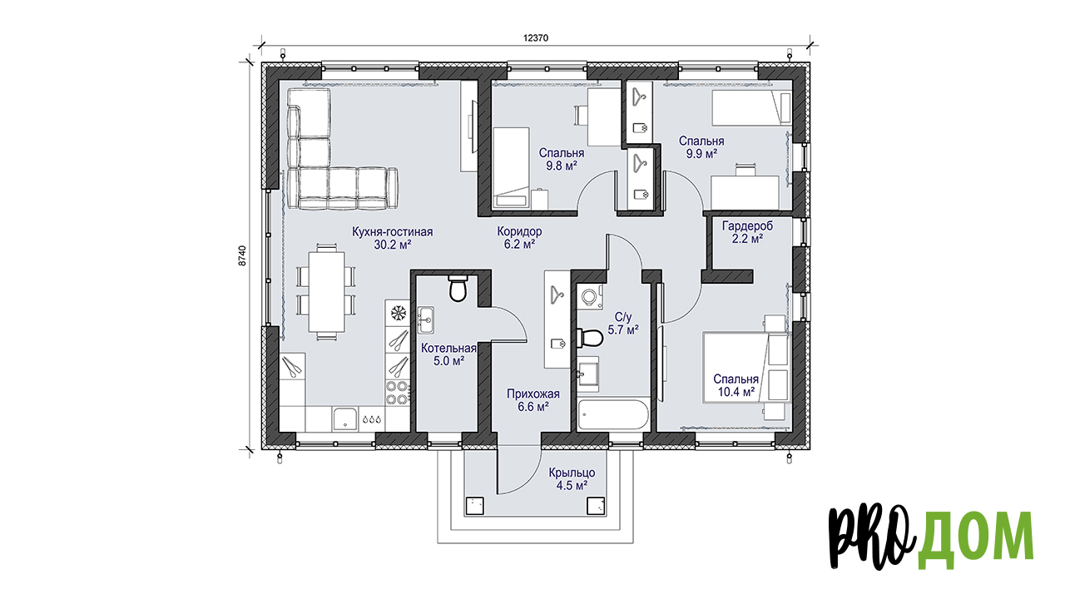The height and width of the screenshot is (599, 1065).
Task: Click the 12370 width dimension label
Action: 536,38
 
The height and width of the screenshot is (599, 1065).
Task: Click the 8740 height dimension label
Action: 242,255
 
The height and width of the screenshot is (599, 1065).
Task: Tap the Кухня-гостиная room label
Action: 392,232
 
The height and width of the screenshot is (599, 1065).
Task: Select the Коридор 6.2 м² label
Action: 519,238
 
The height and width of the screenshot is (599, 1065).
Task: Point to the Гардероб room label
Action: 747,225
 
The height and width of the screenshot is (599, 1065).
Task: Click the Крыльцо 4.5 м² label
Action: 572,479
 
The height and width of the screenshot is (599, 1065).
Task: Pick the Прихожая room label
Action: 533,394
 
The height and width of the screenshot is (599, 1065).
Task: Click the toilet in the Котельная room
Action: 458,288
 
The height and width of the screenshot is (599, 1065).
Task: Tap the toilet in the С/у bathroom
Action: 590,338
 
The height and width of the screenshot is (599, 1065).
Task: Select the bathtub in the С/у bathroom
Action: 612,414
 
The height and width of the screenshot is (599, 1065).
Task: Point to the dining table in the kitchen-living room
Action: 327,292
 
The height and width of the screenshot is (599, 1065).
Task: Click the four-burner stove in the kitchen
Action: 398,393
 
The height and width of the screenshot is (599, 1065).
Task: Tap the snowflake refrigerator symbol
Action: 398,313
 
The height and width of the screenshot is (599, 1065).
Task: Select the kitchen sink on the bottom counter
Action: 345,418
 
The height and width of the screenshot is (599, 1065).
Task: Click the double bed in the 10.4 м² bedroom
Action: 746,368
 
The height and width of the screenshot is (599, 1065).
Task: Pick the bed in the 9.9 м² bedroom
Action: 750,108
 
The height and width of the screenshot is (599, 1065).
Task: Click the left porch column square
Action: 474,507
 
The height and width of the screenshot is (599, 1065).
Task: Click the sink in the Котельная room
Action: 425,320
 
